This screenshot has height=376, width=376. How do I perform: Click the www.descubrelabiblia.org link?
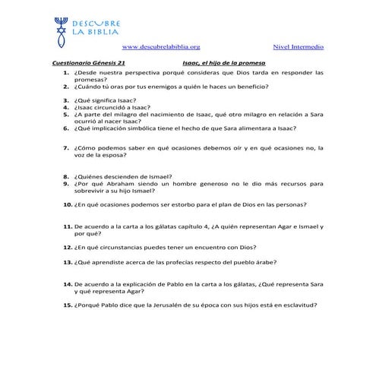tap(160, 47)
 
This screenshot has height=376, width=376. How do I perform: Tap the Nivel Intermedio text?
tap(297, 47)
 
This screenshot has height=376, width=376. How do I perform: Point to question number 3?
tap(67, 100)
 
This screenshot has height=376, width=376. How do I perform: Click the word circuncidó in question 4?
tap(111, 108)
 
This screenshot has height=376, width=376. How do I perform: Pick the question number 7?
tap(67, 148)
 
